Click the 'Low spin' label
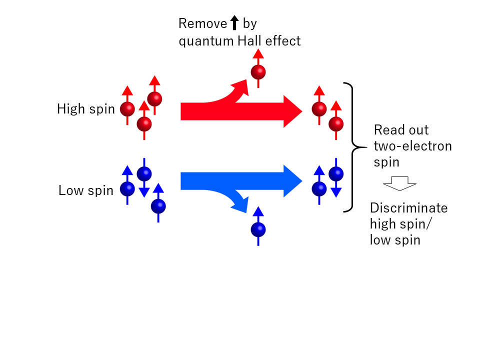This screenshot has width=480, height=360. [x=86, y=190]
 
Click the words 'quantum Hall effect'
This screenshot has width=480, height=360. [x=240, y=41]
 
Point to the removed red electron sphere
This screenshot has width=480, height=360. [x=258, y=72]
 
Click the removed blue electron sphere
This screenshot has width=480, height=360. [x=258, y=230]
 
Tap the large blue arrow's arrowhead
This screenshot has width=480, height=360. [x=292, y=181]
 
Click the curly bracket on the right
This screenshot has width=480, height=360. [x=352, y=147]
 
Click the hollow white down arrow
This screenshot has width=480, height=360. [x=400, y=184]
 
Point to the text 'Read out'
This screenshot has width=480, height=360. [x=401, y=130]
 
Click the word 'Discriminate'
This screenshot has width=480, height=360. [x=408, y=208]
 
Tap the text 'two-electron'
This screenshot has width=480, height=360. [x=413, y=146]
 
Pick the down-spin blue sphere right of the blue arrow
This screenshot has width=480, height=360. [x=336, y=174]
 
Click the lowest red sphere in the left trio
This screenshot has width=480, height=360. [x=144, y=123]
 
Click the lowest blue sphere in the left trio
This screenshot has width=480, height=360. [x=158, y=205]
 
